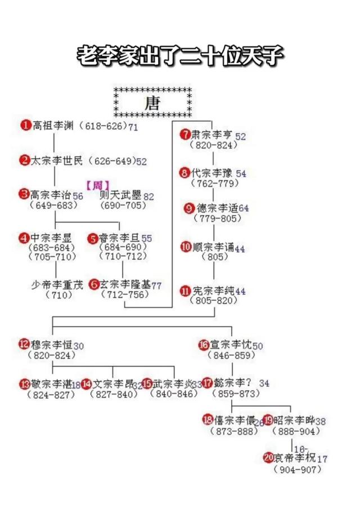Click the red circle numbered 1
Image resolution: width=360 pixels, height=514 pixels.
pos(25,125)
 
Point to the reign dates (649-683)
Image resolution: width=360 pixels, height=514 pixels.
pos(54,205)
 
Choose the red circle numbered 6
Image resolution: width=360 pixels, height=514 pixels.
pos(94,284)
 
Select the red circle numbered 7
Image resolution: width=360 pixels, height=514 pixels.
pos(186,135)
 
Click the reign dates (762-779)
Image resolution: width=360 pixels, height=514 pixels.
pos(214,183)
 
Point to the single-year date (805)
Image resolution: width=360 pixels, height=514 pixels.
pos(214,258)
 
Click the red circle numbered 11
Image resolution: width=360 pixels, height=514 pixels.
pos(185,291)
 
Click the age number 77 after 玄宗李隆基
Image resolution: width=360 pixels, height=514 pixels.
pos(156,286)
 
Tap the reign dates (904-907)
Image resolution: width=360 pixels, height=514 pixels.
pos(296,470)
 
